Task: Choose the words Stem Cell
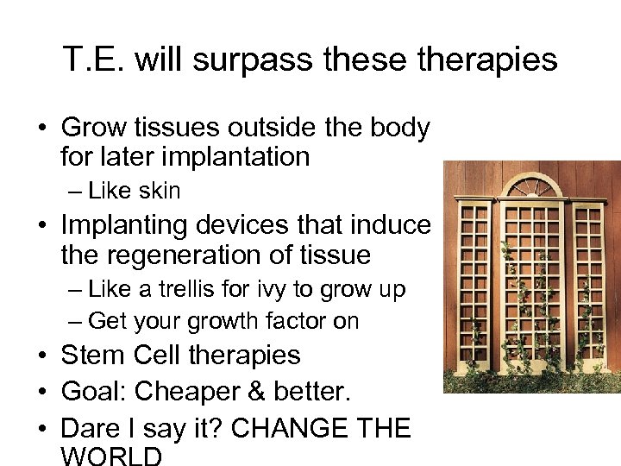(x=121, y=356)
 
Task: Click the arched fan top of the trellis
(x=531, y=187)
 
